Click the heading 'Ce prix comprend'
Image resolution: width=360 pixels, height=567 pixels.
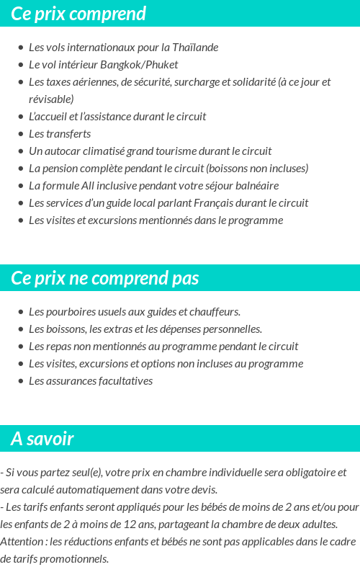coord(78,14)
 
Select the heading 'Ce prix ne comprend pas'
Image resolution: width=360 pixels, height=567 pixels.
coord(105,278)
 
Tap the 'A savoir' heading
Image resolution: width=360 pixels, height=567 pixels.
coord(42,439)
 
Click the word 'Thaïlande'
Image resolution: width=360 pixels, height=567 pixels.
coord(195,48)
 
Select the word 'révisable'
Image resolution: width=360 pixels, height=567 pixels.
coord(51,99)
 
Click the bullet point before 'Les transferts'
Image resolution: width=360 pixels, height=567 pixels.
coord(20,134)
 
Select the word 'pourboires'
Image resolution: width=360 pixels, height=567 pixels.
coord(70,312)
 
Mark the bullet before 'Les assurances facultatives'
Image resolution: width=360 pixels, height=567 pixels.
coord(20,381)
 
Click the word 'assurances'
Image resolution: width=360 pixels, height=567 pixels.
coord(72,381)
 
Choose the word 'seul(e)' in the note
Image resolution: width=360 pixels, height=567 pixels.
coord(80,473)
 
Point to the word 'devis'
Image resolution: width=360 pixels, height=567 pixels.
coord(203,490)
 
